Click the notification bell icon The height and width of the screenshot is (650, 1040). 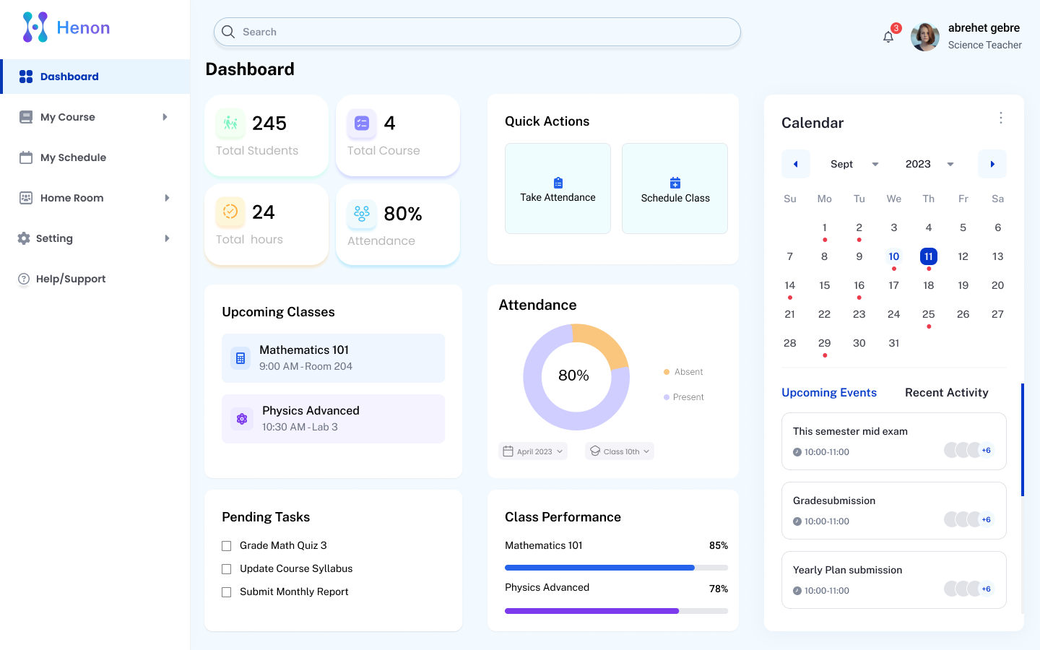[x=888, y=37]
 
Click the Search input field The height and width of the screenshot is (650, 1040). [x=477, y=32]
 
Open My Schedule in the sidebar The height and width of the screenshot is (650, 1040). [x=73, y=157]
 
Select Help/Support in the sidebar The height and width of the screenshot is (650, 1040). [x=70, y=279]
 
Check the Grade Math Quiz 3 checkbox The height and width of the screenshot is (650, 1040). [x=227, y=546]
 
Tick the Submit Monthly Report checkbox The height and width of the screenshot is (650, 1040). [x=227, y=592]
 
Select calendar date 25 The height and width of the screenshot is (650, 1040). [x=928, y=314]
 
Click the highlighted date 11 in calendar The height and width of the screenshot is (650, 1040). [x=928, y=256]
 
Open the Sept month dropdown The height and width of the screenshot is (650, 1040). [x=854, y=164]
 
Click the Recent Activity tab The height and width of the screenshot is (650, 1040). [x=946, y=392]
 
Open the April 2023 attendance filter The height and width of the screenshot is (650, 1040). [x=533, y=451]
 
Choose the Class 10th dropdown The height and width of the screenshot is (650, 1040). [x=620, y=451]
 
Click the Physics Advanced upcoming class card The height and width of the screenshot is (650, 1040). [x=333, y=419]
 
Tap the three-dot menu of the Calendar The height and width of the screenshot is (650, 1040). [x=1000, y=118]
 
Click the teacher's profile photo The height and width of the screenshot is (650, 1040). [x=924, y=36]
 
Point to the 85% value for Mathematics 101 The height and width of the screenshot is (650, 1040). [x=718, y=545]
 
